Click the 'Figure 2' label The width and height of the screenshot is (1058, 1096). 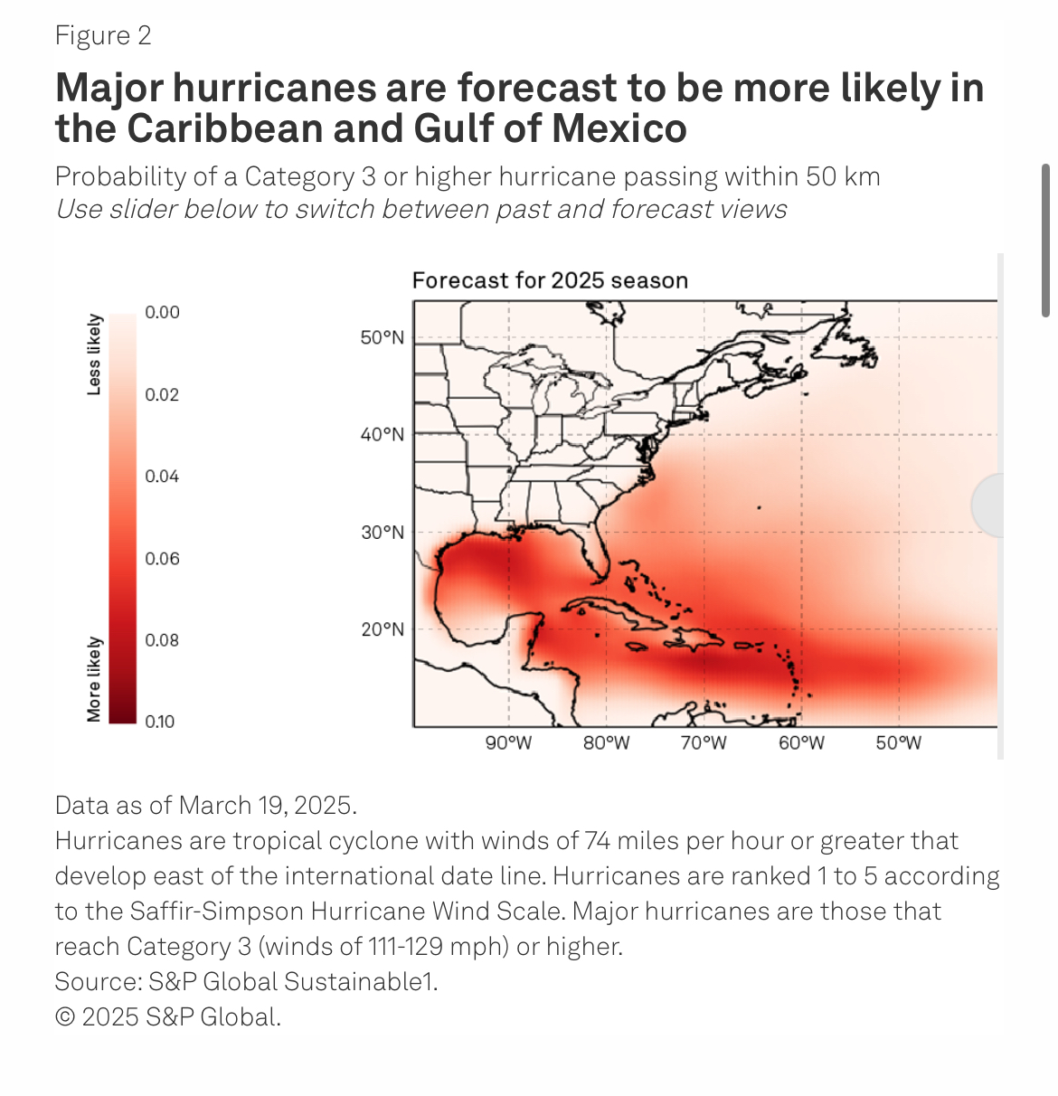click(103, 36)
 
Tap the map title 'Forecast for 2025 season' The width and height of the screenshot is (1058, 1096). click(550, 280)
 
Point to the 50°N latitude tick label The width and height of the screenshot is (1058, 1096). click(383, 337)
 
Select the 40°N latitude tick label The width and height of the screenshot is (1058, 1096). click(383, 434)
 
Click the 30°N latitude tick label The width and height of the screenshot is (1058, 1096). click(383, 532)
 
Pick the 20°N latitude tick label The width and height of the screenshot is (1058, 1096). click(383, 629)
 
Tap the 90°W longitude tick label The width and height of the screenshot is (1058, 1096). click(508, 743)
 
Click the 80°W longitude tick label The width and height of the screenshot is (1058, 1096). click(606, 743)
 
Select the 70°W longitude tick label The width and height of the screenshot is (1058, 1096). click(704, 743)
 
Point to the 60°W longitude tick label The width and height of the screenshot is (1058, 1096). click(801, 743)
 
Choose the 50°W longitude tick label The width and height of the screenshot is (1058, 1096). click(898, 743)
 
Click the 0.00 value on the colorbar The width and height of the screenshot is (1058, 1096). click(162, 313)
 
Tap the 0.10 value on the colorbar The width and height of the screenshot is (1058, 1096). click(159, 722)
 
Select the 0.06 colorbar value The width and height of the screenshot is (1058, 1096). click(162, 559)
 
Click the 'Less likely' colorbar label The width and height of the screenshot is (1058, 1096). click(94, 354)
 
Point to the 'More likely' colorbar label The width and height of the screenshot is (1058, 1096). click(94, 679)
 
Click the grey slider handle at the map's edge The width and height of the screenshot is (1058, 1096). click(987, 505)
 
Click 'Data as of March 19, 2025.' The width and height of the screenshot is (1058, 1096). click(206, 805)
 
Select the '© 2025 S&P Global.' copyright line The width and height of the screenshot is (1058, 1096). click(168, 1016)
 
